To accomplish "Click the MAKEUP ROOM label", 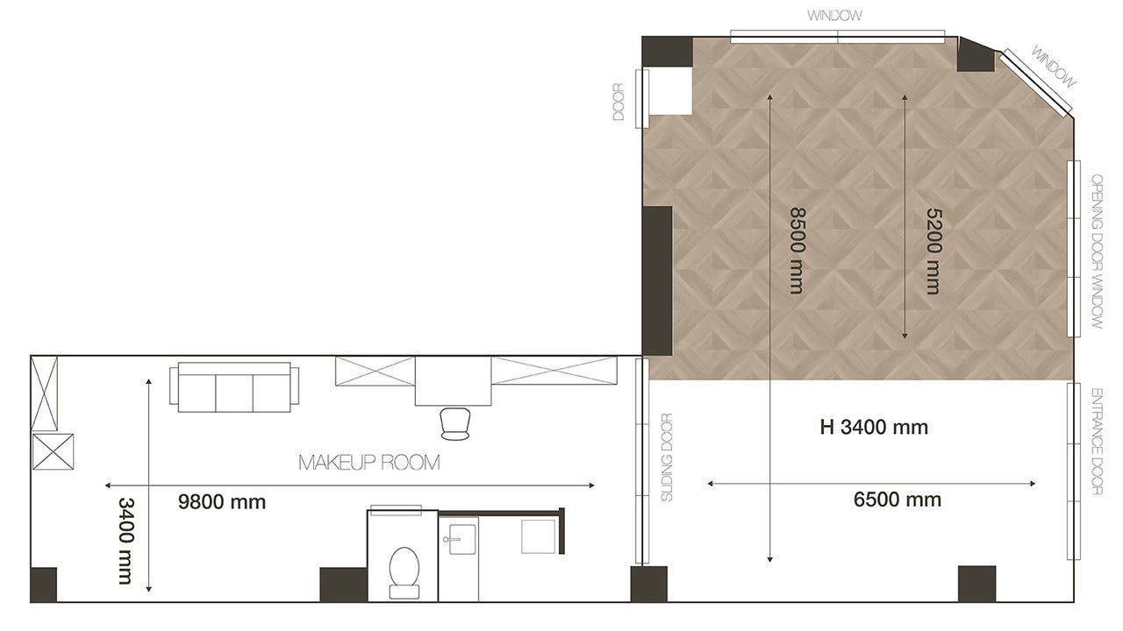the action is tap(369, 462).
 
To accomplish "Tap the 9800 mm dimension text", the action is tap(222, 502).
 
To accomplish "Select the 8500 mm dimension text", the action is tap(798, 251).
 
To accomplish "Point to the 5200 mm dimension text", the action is tap(933, 251).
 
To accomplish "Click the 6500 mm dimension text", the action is tap(897, 500).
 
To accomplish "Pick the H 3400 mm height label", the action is tap(874, 427).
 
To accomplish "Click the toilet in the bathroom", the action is tap(404, 573).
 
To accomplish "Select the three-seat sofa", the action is tap(234, 387).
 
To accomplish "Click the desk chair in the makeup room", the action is tap(455, 423).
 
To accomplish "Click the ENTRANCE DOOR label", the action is tap(1097, 442).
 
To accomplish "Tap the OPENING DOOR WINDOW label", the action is tap(1097, 252).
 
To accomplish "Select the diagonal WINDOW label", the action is tap(1054, 67).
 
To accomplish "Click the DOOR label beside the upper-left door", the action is tap(619, 103).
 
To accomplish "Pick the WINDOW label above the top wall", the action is tap(834, 16).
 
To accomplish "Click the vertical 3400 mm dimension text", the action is tap(125, 541).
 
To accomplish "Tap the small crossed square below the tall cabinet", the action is tap(54, 451).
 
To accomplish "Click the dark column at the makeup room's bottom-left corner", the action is tap(44, 585).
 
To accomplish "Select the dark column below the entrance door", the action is tap(976, 584).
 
